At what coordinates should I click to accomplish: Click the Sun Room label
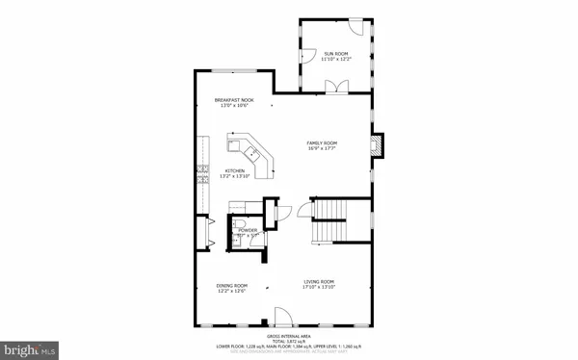pos(334,54)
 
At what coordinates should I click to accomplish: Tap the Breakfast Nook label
pos(234,100)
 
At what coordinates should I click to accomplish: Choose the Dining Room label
pos(232,286)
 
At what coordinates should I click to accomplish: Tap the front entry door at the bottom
pos(282,317)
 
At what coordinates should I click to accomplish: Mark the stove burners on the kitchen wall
pos(201,172)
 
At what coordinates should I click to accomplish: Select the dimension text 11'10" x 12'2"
pos(334,61)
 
